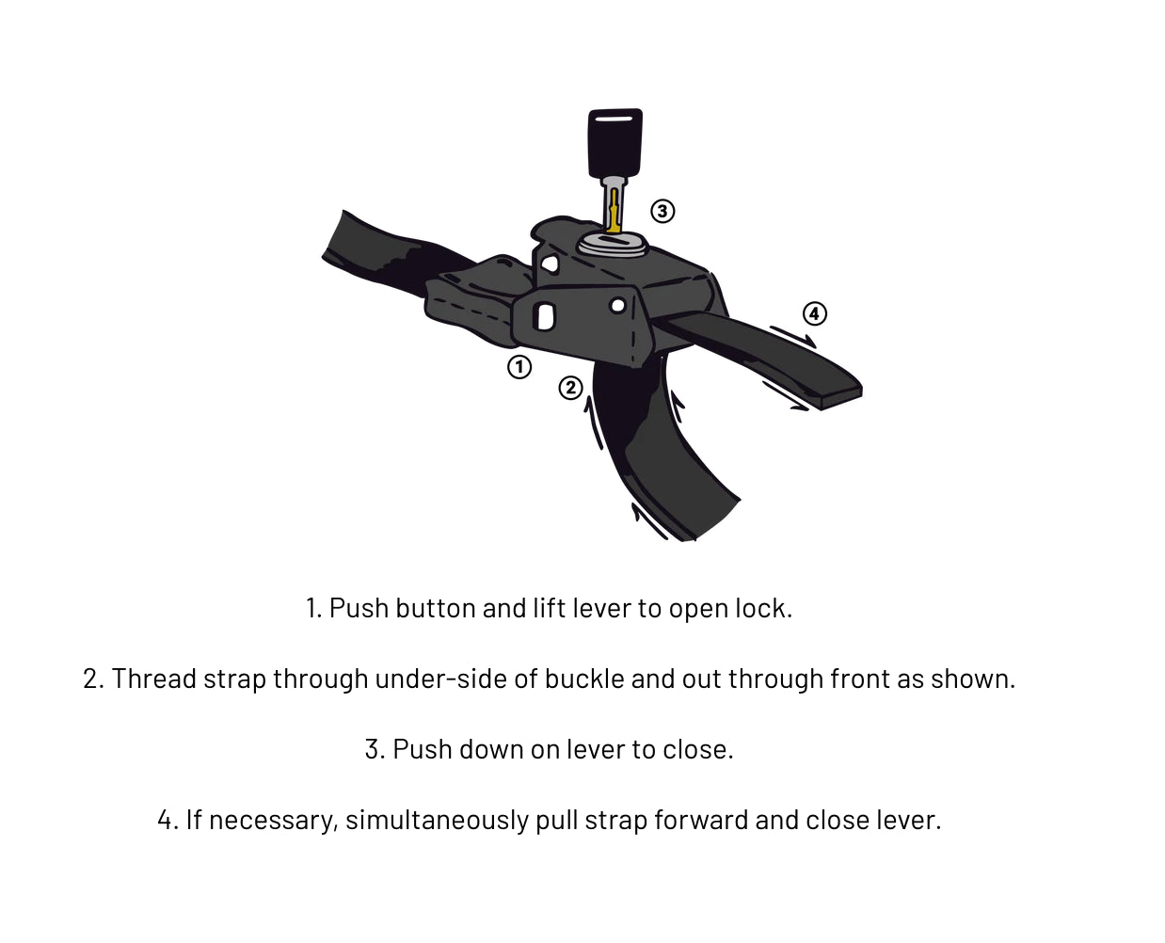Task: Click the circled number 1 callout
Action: coord(519,367)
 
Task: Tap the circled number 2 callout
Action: coord(570,388)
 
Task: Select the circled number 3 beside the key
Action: coord(662,211)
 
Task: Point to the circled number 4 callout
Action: coord(814,313)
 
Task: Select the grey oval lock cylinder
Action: coord(612,244)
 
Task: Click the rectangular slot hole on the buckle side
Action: coord(544,315)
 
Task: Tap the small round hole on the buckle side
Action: coord(617,305)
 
